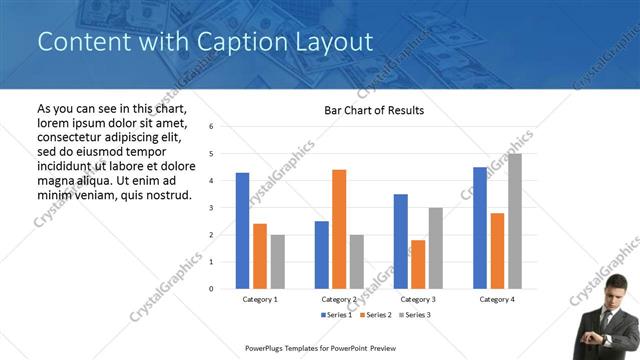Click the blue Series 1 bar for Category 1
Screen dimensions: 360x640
click(242, 230)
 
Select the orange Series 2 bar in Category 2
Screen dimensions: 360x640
click(339, 229)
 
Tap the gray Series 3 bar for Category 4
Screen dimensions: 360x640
click(514, 221)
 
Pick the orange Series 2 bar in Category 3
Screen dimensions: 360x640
click(418, 264)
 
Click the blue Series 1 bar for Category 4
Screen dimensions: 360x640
click(480, 227)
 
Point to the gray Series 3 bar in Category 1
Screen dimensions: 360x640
click(277, 261)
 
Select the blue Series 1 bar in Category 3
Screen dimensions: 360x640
click(401, 241)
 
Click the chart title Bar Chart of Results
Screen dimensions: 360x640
click(374, 110)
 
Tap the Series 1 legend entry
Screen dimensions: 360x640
click(336, 315)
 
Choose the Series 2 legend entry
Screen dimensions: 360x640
click(375, 315)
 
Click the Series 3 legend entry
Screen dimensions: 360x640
click(415, 315)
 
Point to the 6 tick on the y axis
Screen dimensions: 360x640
click(211, 127)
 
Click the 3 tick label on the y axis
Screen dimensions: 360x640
click(211, 208)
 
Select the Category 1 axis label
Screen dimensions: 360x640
click(260, 299)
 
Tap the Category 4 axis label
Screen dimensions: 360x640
click(496, 299)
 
